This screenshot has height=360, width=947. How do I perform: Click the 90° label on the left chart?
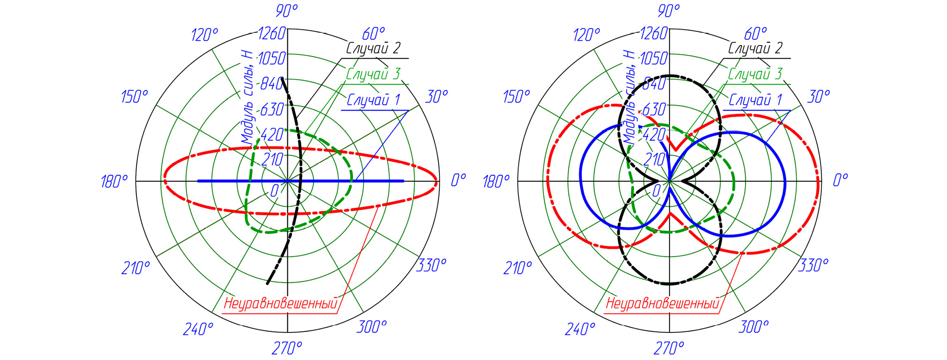click(x=287, y=10)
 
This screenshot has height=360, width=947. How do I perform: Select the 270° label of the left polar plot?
click(x=287, y=348)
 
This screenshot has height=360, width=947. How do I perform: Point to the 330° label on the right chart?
click(x=813, y=265)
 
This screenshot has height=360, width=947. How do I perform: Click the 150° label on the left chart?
click(x=135, y=97)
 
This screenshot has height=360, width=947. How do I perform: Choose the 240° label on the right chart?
click(x=580, y=329)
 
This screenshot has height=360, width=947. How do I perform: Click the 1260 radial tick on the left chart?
click(x=272, y=33)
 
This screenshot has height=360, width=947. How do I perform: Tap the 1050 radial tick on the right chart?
click(x=654, y=59)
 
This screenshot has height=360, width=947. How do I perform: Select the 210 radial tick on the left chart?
click(x=272, y=160)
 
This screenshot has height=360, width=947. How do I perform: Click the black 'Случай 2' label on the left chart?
click(x=374, y=48)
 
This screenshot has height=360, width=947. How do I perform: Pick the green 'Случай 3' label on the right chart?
click(x=755, y=74)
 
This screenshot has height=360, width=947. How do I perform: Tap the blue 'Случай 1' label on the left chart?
click(x=374, y=99)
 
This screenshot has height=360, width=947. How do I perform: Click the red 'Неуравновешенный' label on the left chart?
click(x=280, y=303)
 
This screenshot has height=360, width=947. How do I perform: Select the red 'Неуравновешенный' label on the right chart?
click(x=662, y=303)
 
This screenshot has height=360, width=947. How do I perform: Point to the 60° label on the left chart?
click(x=374, y=34)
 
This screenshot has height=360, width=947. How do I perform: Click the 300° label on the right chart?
click(x=753, y=326)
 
